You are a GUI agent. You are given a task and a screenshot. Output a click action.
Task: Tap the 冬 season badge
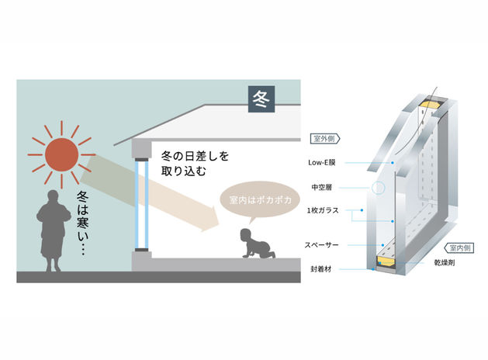[260, 99]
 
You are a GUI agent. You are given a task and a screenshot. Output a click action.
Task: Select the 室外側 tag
[323, 137]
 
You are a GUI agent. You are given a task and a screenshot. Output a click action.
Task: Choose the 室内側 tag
[464, 247]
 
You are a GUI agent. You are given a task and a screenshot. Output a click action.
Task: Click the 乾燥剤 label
[444, 264]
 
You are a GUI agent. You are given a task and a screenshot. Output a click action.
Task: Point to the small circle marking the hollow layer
[377, 187]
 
